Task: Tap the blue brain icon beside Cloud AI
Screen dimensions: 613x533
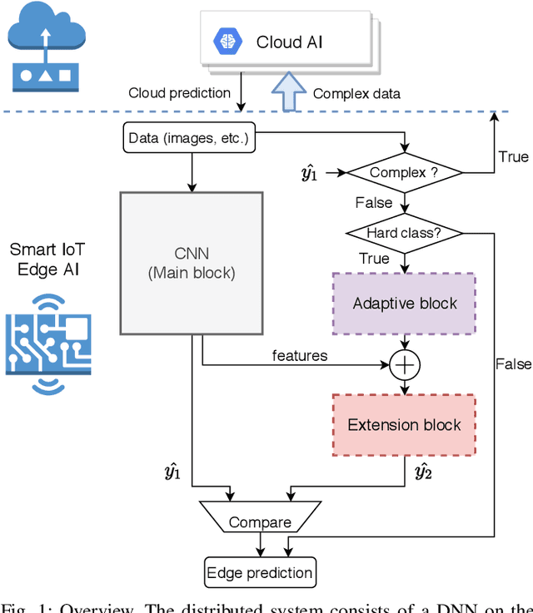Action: click(227, 42)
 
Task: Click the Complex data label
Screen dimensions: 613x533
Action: click(356, 93)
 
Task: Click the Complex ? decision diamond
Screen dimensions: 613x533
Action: click(404, 173)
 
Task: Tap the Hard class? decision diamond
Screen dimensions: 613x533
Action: click(404, 233)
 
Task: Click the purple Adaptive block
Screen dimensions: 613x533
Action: click(404, 303)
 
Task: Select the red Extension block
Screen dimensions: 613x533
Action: click(404, 425)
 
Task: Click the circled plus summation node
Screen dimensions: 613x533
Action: click(404, 363)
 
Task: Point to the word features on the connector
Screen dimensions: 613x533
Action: click(300, 355)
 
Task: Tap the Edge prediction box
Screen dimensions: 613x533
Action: click(261, 572)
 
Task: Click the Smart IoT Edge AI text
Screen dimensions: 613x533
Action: click(47, 258)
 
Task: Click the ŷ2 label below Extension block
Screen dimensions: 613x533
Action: click(423, 473)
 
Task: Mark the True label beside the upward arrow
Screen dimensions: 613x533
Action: click(513, 157)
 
